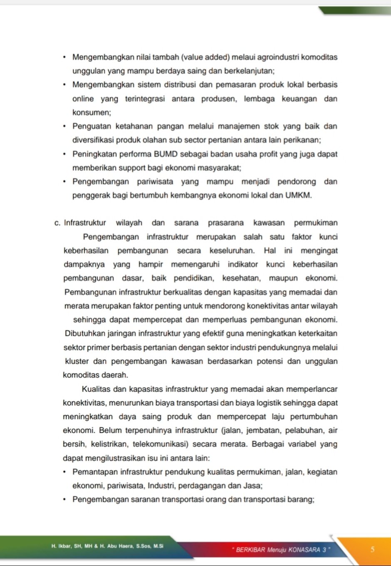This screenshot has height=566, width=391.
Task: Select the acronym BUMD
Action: pyautogui.click(x=166, y=154)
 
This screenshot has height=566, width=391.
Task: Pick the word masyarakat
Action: pyautogui.click(x=215, y=168)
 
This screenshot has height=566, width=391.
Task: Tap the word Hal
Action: pyautogui.click(x=270, y=251)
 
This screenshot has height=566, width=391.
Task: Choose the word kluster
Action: pyautogui.click(x=77, y=361)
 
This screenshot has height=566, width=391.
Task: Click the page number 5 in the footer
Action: pyautogui.click(x=372, y=549)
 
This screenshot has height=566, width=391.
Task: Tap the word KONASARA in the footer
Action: pyautogui.click(x=304, y=550)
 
